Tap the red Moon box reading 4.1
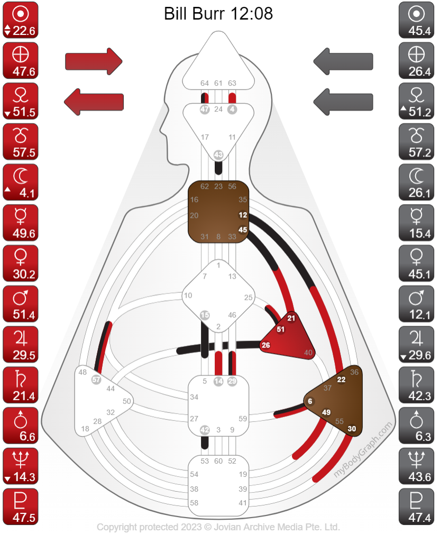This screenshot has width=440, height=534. tap(21, 182)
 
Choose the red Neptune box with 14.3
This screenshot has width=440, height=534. tap(21, 466)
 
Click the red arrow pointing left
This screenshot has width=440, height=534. tap(94, 100)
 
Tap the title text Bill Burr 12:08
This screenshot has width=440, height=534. tap(218, 13)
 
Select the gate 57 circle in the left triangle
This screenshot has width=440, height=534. tap(96, 379)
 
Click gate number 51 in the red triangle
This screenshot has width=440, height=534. tap(281, 329)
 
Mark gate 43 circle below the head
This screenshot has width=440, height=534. tap(218, 154)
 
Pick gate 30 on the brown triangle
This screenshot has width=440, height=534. tap(352, 429)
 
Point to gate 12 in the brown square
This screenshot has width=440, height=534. tap(243, 215)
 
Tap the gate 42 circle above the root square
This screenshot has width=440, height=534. tap(205, 430)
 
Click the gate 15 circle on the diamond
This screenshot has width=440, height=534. tap(205, 315)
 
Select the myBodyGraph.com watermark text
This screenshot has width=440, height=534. tap(364, 450)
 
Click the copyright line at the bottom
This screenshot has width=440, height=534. tap(218, 527)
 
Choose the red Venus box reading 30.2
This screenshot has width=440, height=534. tap(21, 263)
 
